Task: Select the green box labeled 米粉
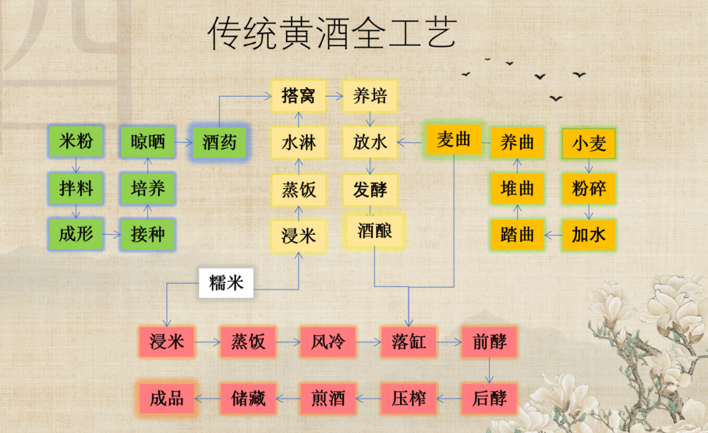pos(76,142)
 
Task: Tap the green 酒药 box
pos(219,142)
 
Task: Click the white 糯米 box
pos(226,283)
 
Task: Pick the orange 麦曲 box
pos(454,140)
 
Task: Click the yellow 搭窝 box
pos(298,96)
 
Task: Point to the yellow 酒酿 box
pos(375,231)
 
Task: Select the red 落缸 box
pos(409,342)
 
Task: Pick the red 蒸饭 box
pos(248,342)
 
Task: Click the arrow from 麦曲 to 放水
pos(412,141)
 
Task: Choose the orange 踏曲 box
pos(517,235)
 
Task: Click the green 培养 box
pos(147,189)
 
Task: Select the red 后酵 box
pos(489,398)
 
